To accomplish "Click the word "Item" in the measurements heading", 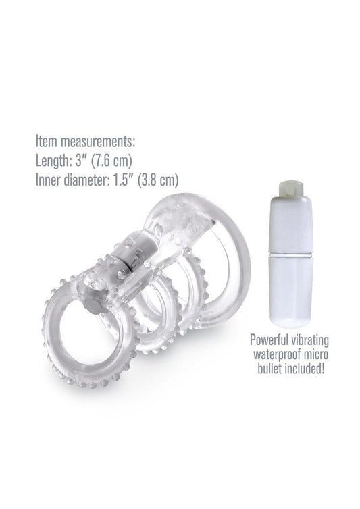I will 46,143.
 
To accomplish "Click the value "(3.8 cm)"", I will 162,181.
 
